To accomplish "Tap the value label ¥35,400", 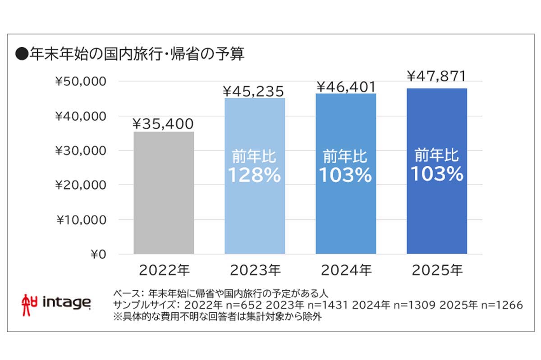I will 163,123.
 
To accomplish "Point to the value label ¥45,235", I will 254,91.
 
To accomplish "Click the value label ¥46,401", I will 346,86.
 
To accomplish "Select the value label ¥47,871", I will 436,77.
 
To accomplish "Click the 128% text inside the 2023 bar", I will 254,175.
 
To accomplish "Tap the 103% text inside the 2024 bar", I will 345,175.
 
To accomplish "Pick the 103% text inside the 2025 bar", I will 436,174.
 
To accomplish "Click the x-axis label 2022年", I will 164,271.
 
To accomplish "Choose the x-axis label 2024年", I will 346,271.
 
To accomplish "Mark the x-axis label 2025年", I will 437,271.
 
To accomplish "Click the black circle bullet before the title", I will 21,55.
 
